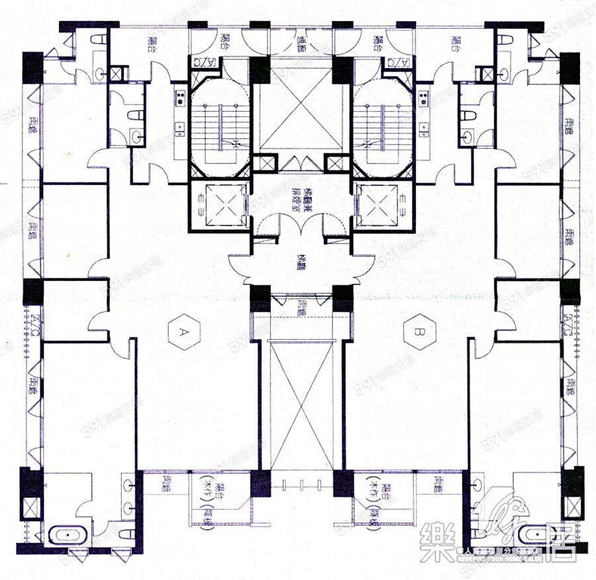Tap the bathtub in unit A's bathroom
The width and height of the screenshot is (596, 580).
pyautogui.click(x=66, y=535)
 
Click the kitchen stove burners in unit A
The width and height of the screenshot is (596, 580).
pyautogui.click(x=179, y=100)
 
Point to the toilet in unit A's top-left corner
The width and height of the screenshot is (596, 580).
pyautogui.click(x=97, y=40)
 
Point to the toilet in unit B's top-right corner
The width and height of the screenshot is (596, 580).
pyautogui.click(x=505, y=40)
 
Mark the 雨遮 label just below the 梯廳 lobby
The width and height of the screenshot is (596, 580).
pyautogui.click(x=303, y=306)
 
